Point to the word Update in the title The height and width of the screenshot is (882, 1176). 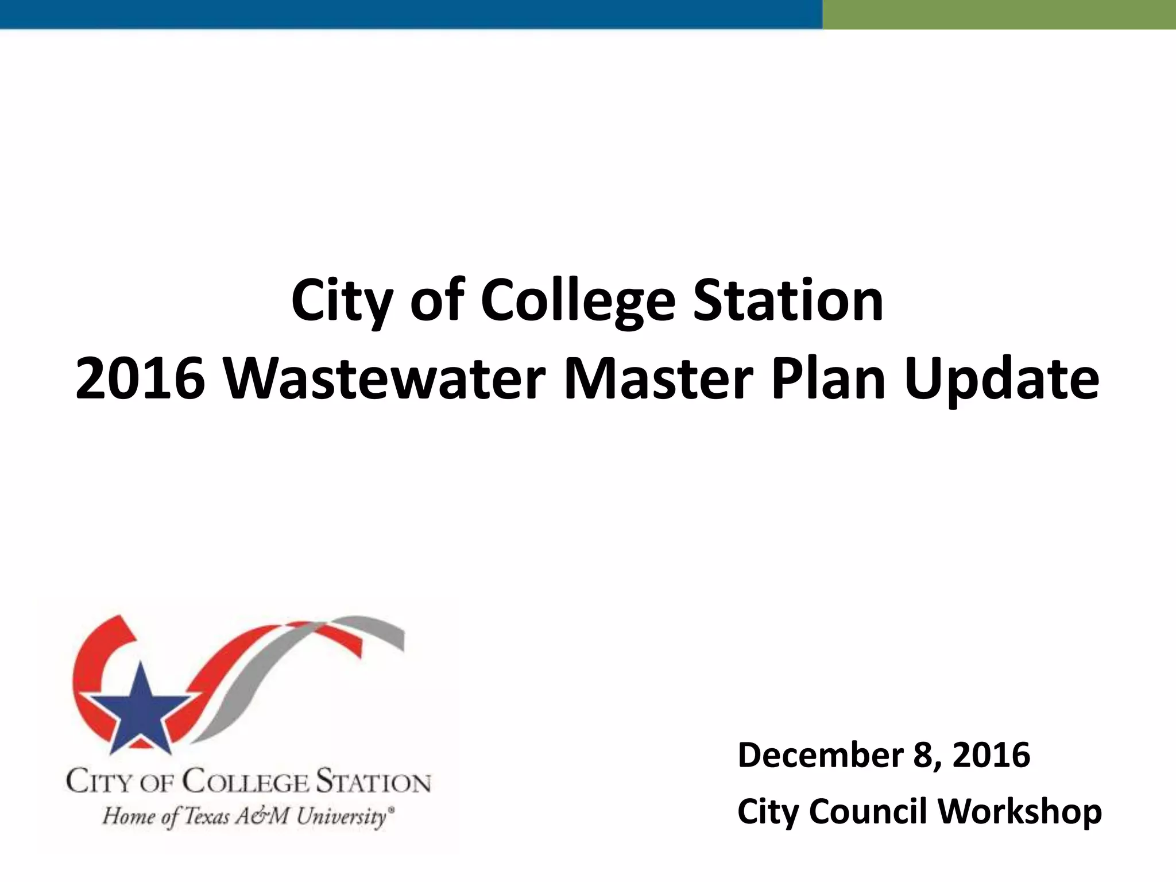point(1001,380)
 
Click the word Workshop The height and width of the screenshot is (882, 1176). point(1020,812)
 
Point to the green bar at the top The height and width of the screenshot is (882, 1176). point(999,14)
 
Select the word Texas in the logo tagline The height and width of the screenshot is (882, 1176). point(207,816)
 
